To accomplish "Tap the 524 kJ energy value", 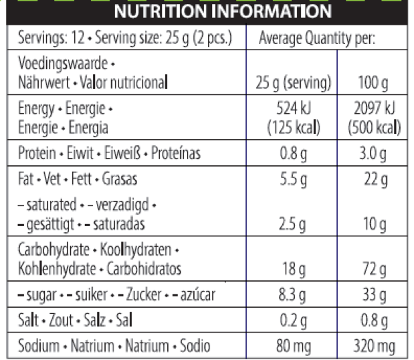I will (294, 107).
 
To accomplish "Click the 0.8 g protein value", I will (294, 155).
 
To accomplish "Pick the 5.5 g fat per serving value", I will (294, 179).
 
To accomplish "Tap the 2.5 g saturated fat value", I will (294, 223).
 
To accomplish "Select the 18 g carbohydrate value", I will (294, 270).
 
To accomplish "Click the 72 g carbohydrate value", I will (374, 270).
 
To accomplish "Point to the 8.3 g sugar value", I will (294, 294).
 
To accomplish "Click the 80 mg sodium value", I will (294, 346).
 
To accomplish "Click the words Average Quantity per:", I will (317, 38).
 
